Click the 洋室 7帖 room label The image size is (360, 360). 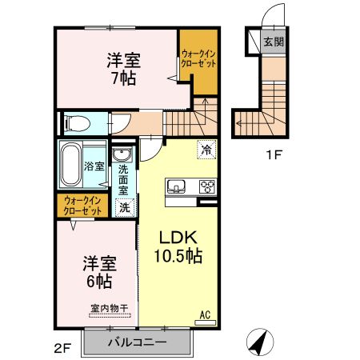pyautogui.click(x=124, y=69)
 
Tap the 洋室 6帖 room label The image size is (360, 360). pyautogui.click(x=99, y=272)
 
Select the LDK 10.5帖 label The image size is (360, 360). pyautogui.click(x=178, y=246)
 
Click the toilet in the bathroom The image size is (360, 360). pyautogui.click(x=77, y=124)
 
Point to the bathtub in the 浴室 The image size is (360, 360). pyautogui.click(x=70, y=165)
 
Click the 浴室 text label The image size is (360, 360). pyautogui.click(x=94, y=166)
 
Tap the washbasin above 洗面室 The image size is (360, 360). pyautogui.click(x=122, y=154)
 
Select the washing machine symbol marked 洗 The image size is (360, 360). pyautogui.click(x=125, y=207)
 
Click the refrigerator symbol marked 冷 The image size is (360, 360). pyautogui.click(x=206, y=150)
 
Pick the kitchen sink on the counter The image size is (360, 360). pyautogui.click(x=176, y=186)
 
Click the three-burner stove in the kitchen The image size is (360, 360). pyautogui.click(x=207, y=186)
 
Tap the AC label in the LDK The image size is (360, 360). pyautogui.click(x=205, y=314)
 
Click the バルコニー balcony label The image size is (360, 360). pyautogui.click(x=138, y=342)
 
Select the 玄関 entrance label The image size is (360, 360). pyautogui.click(x=274, y=42)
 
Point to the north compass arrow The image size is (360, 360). pyautogui.click(x=260, y=342)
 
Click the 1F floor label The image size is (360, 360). pyautogui.click(x=274, y=154)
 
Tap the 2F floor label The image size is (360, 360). pyautogui.click(x=62, y=349)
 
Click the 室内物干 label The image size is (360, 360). pyautogui.click(x=110, y=309)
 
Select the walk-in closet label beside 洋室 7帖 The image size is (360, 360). pyautogui.click(x=198, y=58)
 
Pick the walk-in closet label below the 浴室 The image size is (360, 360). pyautogui.click(x=82, y=206)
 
